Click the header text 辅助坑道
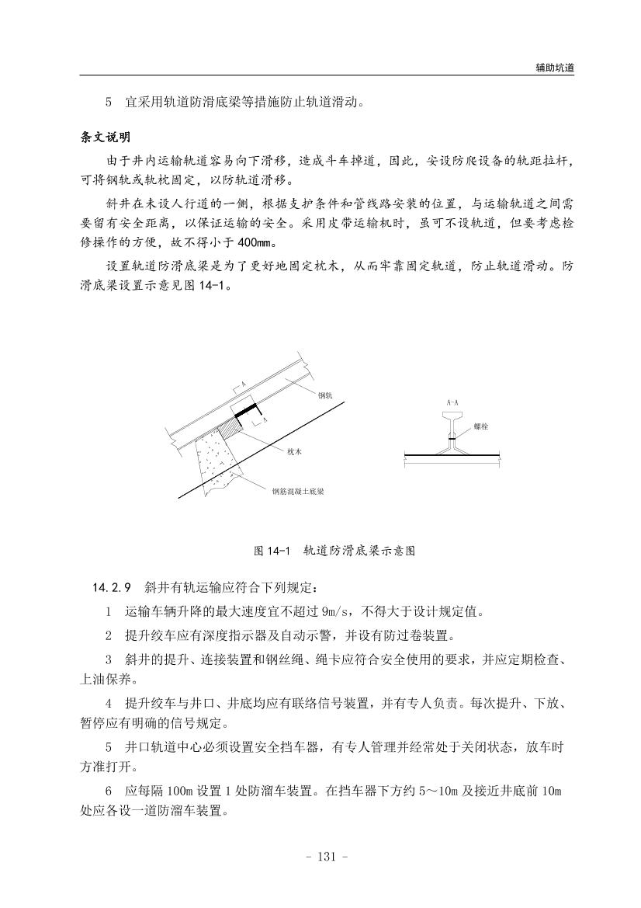click(x=554, y=68)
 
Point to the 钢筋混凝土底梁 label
click(x=297, y=491)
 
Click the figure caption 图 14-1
click(x=272, y=551)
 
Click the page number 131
click(x=320, y=857)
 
